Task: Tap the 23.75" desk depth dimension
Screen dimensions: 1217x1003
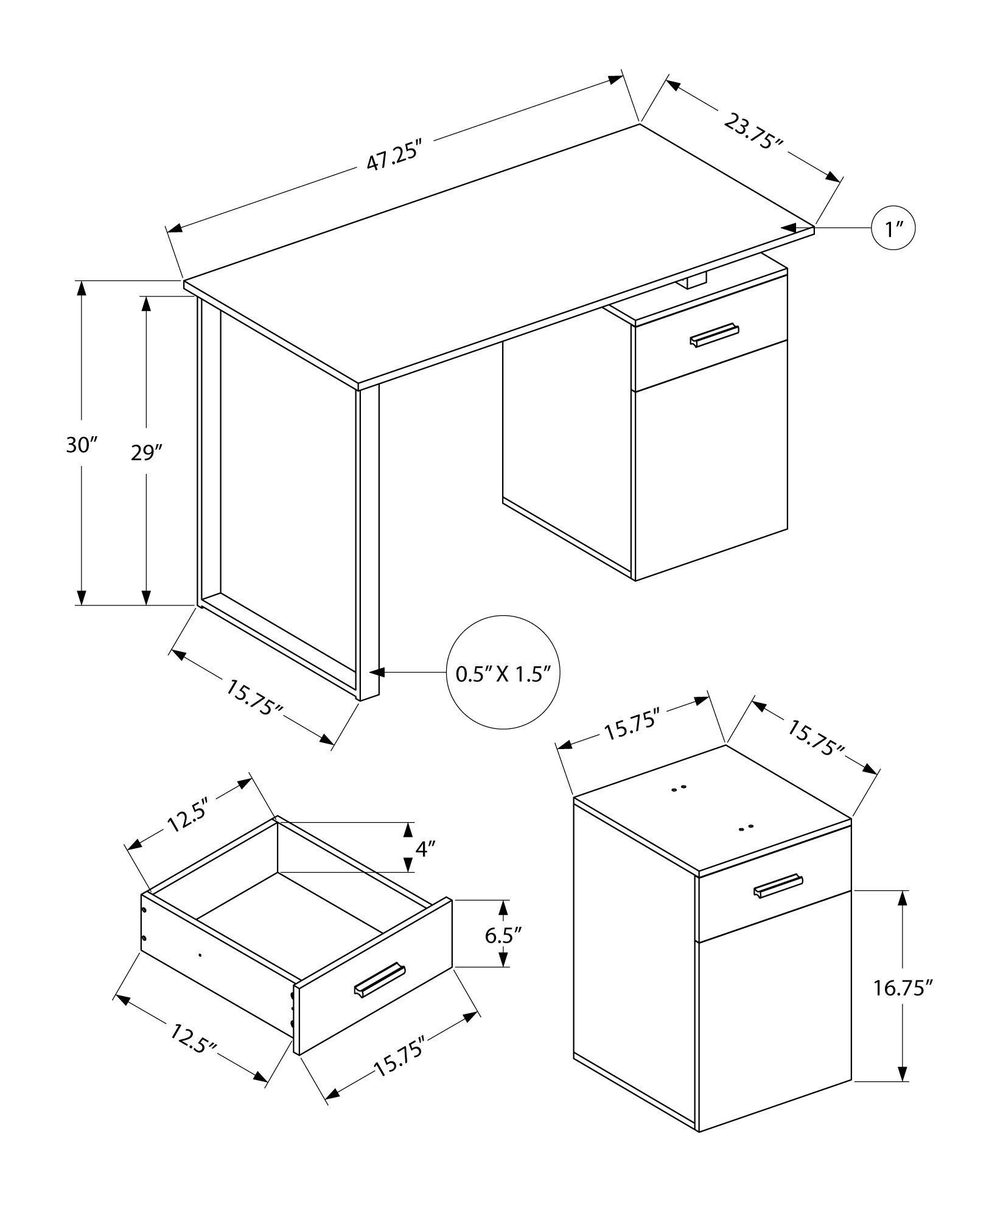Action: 753,131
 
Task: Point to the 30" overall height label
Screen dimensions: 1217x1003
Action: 82,445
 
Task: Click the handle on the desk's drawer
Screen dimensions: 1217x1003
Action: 715,335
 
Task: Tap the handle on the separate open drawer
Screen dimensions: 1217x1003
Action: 380,997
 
